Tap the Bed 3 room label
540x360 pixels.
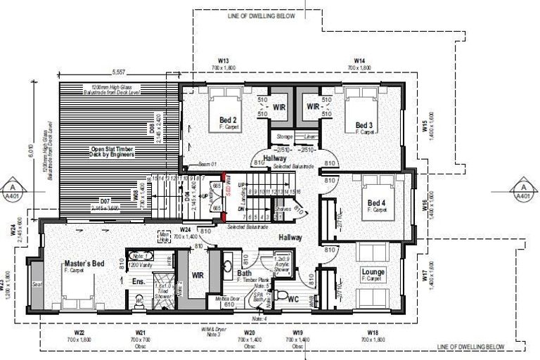(364, 126)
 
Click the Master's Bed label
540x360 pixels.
(84, 264)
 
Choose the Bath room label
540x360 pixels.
(245, 274)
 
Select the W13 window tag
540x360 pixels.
(224, 61)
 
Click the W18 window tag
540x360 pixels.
(372, 333)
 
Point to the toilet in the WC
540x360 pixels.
(281, 294)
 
